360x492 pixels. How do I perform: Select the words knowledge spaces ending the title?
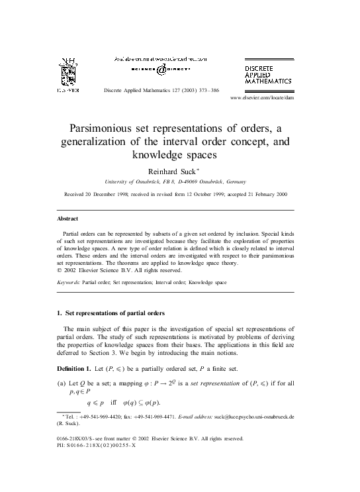tap(179, 156)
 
